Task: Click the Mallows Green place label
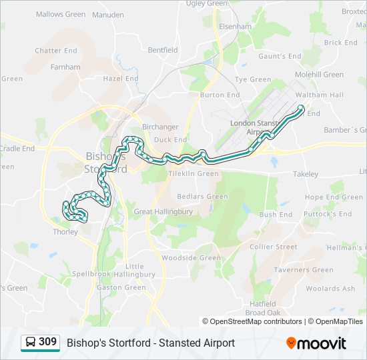[61, 14]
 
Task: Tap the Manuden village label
[107, 14]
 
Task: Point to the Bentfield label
[163, 50]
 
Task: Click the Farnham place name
[65, 67]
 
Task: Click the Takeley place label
[306, 173]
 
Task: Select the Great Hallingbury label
[163, 211]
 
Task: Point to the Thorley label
[65, 232]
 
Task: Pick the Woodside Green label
[191, 258]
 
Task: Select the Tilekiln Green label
[194, 173]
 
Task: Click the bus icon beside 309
[30, 343]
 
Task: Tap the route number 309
[47, 342]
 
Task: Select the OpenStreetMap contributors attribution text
[256, 321]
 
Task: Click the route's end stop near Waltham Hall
[301, 108]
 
